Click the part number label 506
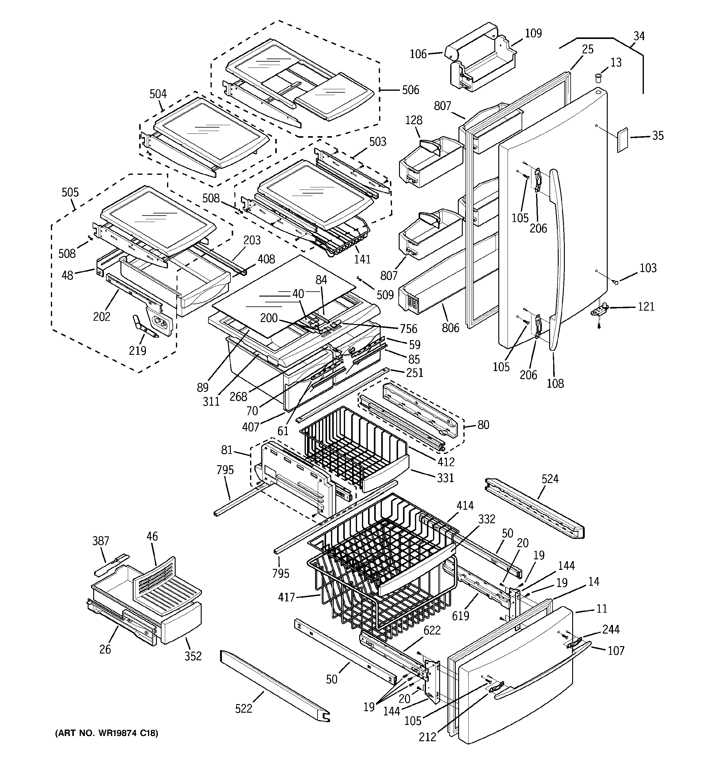point(410,90)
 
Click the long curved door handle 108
point(557,260)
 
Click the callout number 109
point(533,34)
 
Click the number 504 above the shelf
point(158,94)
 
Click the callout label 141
point(362,259)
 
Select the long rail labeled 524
point(534,508)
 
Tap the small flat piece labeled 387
point(111,564)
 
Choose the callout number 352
point(193,656)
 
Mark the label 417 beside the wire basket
point(286,597)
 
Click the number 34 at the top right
point(639,36)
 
